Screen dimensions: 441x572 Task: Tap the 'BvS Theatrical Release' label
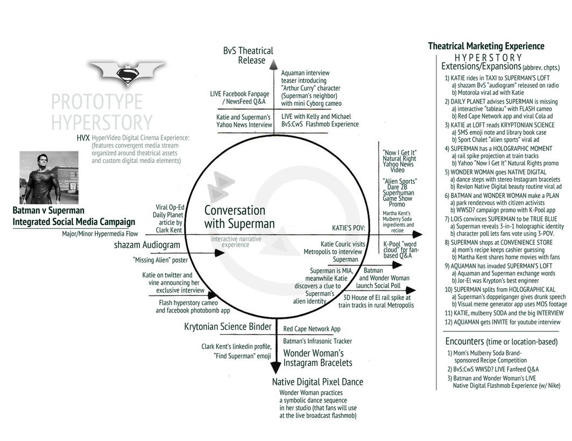click(249, 55)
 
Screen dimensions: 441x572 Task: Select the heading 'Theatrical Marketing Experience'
click(486, 46)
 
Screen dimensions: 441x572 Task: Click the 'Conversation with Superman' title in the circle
click(239, 217)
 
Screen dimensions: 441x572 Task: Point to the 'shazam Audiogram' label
click(147, 245)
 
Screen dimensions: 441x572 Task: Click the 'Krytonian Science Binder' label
click(228, 327)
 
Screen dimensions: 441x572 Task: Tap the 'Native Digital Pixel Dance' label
click(317, 382)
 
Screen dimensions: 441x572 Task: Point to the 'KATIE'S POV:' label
click(348, 228)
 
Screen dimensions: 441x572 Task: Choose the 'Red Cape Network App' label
click(312, 329)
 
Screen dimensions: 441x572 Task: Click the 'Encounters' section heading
click(465, 342)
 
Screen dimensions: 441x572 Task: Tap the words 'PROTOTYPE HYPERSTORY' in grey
click(102, 112)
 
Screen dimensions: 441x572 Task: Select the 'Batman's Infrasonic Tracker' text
click(317, 341)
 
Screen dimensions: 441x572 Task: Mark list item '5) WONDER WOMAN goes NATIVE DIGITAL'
click(495, 172)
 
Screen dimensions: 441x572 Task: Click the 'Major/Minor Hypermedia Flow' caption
click(100, 234)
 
